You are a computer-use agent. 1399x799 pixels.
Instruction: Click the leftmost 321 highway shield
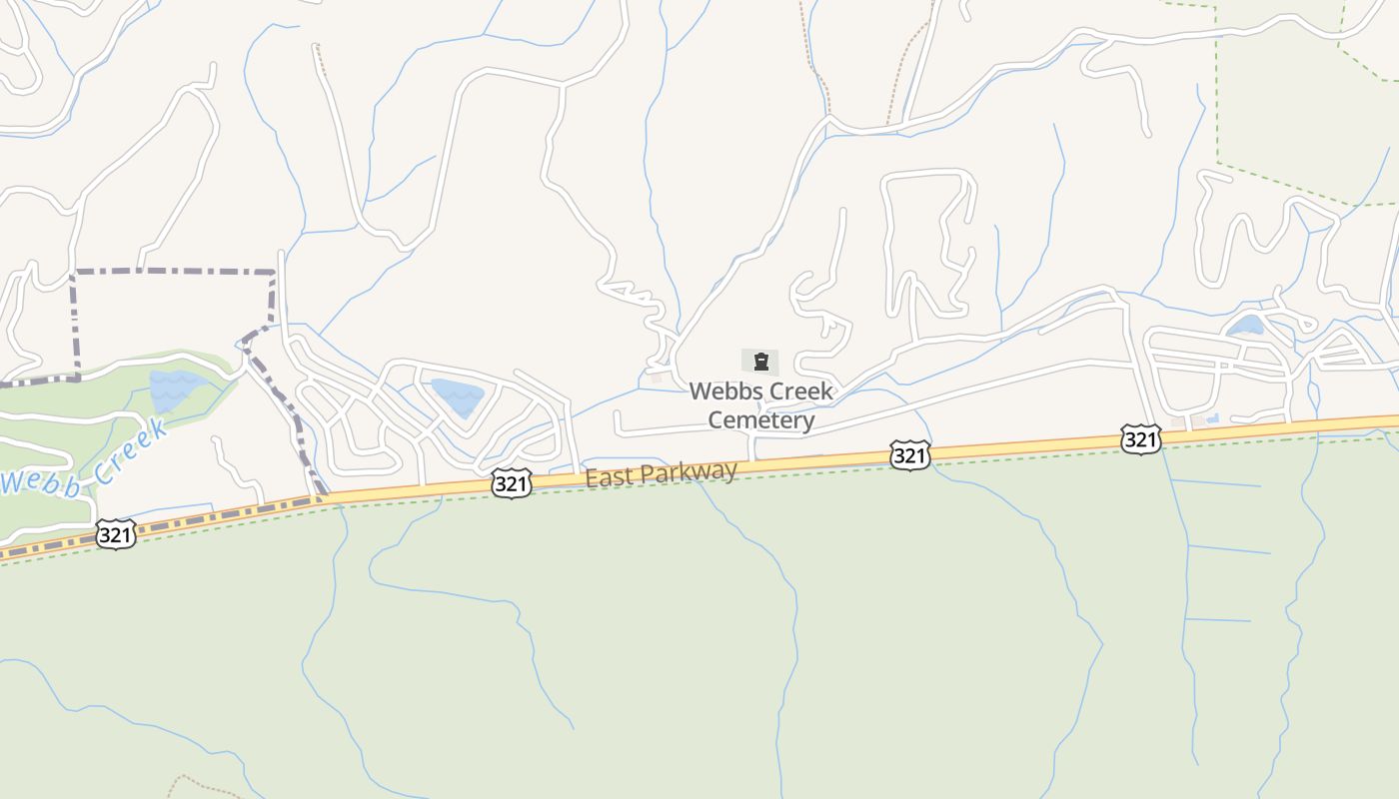coord(116,535)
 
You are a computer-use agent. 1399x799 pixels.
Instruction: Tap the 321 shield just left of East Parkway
coord(511,484)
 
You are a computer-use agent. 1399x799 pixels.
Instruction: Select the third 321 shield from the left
coord(909,456)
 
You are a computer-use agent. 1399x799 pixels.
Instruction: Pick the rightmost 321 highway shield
coord(1140,439)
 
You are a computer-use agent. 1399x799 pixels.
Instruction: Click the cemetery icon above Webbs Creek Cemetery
coord(760,362)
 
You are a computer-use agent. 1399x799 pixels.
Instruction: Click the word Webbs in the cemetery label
coord(720,392)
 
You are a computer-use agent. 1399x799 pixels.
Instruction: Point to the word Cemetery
coord(761,420)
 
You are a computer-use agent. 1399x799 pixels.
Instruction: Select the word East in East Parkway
coord(608,478)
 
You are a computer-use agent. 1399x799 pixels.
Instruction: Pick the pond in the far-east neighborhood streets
coord(1245,326)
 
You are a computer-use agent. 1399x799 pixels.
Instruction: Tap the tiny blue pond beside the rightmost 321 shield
coord(1212,419)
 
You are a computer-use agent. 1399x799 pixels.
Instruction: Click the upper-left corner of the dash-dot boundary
coord(74,272)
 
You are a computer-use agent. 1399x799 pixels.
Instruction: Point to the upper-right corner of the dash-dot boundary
coord(274,272)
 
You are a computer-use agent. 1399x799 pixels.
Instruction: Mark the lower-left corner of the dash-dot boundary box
coord(76,378)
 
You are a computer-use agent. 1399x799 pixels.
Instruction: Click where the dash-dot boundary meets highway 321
coord(321,496)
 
